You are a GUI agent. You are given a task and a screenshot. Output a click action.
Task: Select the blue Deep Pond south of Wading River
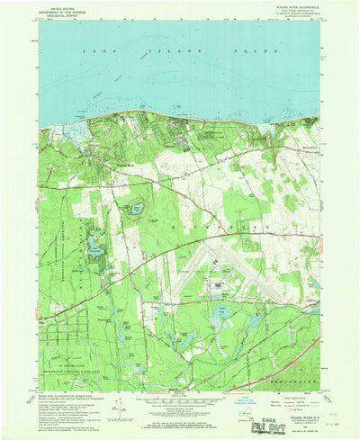tap(136, 210)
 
